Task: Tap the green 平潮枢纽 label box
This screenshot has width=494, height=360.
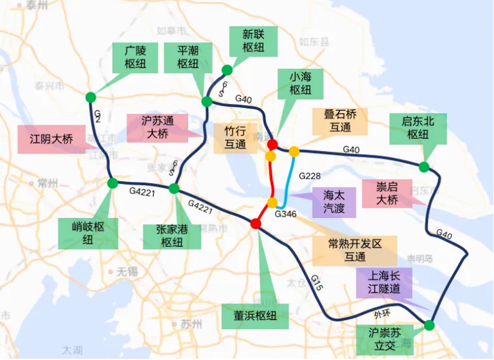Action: pyautogui.click(x=188, y=57)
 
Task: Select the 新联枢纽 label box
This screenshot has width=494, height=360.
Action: pyautogui.click(x=254, y=40)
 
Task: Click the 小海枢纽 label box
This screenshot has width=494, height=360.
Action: pyautogui.click(x=300, y=84)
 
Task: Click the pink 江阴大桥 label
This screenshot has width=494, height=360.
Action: pyautogui.click(x=51, y=139)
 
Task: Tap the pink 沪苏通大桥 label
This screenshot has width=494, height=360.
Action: pyautogui.click(x=157, y=127)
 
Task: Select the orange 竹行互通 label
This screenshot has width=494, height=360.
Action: pyautogui.click(x=236, y=138)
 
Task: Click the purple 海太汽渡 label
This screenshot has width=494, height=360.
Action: pyautogui.click(x=333, y=202)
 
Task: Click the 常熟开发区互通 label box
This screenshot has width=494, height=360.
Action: pyautogui.click(x=355, y=250)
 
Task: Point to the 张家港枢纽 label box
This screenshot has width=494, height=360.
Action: pyautogui.click(x=172, y=235)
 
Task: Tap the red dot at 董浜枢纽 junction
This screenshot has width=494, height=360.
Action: pyautogui.click(x=256, y=224)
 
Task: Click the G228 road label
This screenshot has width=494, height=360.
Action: pyautogui.click(x=310, y=175)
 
